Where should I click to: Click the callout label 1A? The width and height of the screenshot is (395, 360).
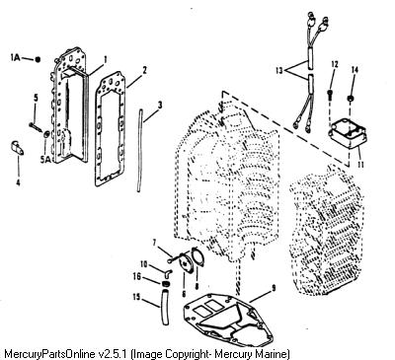15,58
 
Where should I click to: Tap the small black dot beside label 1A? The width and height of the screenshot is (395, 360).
38,59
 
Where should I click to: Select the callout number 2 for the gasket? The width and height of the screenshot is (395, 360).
144,70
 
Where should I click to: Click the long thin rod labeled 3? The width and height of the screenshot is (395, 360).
139,151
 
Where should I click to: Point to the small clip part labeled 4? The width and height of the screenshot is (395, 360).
17,148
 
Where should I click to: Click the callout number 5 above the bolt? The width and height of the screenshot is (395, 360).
36,98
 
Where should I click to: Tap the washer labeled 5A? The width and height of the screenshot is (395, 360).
46,134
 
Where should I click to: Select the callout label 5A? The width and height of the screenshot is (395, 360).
46,160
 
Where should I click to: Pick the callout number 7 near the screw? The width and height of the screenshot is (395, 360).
154,243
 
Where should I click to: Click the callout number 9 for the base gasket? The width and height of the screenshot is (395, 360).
273,289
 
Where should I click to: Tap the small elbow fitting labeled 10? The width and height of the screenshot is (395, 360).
168,271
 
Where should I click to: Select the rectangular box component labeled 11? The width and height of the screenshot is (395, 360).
345,137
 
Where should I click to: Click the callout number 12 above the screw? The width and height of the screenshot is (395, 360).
335,64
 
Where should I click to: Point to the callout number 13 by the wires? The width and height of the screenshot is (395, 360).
279,70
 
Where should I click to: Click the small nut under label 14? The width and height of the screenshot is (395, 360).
352,98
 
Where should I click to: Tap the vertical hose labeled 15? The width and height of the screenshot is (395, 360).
165,306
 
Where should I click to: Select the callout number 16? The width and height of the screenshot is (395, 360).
137,276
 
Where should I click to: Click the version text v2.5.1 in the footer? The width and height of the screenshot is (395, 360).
114,354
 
